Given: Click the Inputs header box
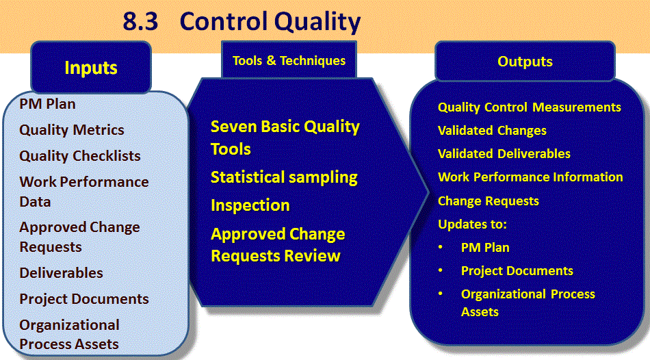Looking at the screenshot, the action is coord(91,67).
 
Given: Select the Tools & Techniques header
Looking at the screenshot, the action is coord(289,60).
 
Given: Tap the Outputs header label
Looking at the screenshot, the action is coord(525,62).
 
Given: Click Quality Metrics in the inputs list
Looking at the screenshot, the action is coord(72,130).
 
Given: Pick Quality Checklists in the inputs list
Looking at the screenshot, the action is coord(80,156).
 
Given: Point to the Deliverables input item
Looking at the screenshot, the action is coord(62,273).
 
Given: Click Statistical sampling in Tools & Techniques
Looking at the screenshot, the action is coord(284,177).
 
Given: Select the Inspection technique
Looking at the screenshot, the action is coord(250,205).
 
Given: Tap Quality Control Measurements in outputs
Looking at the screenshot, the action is coord(530,107).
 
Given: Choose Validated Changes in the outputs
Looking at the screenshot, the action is coord(492,131).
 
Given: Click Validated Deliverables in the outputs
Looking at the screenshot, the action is coord(504,154).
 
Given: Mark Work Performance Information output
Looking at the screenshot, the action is coord(530,177).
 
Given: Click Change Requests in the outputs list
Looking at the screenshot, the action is coord(489,201).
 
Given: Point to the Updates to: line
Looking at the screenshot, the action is coord(472,224).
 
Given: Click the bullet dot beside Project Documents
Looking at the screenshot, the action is coord(441,270).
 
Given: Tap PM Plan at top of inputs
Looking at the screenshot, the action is coord(47,103).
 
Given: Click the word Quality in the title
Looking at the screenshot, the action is coord(317,22).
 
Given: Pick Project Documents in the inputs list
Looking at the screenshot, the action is coord(84,299).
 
